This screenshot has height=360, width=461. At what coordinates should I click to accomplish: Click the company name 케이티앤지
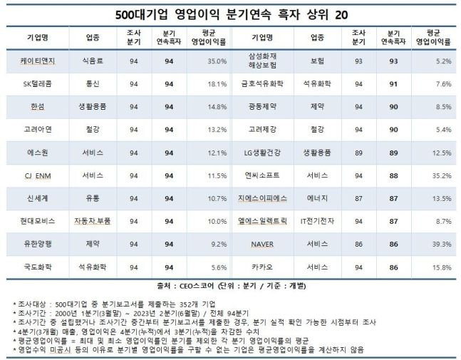click(x=40, y=62)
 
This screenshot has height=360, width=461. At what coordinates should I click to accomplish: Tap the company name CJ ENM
click(x=40, y=175)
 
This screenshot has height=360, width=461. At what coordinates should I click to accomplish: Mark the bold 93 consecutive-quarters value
click(x=392, y=62)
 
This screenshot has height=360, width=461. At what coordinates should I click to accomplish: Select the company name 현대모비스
click(x=40, y=221)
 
